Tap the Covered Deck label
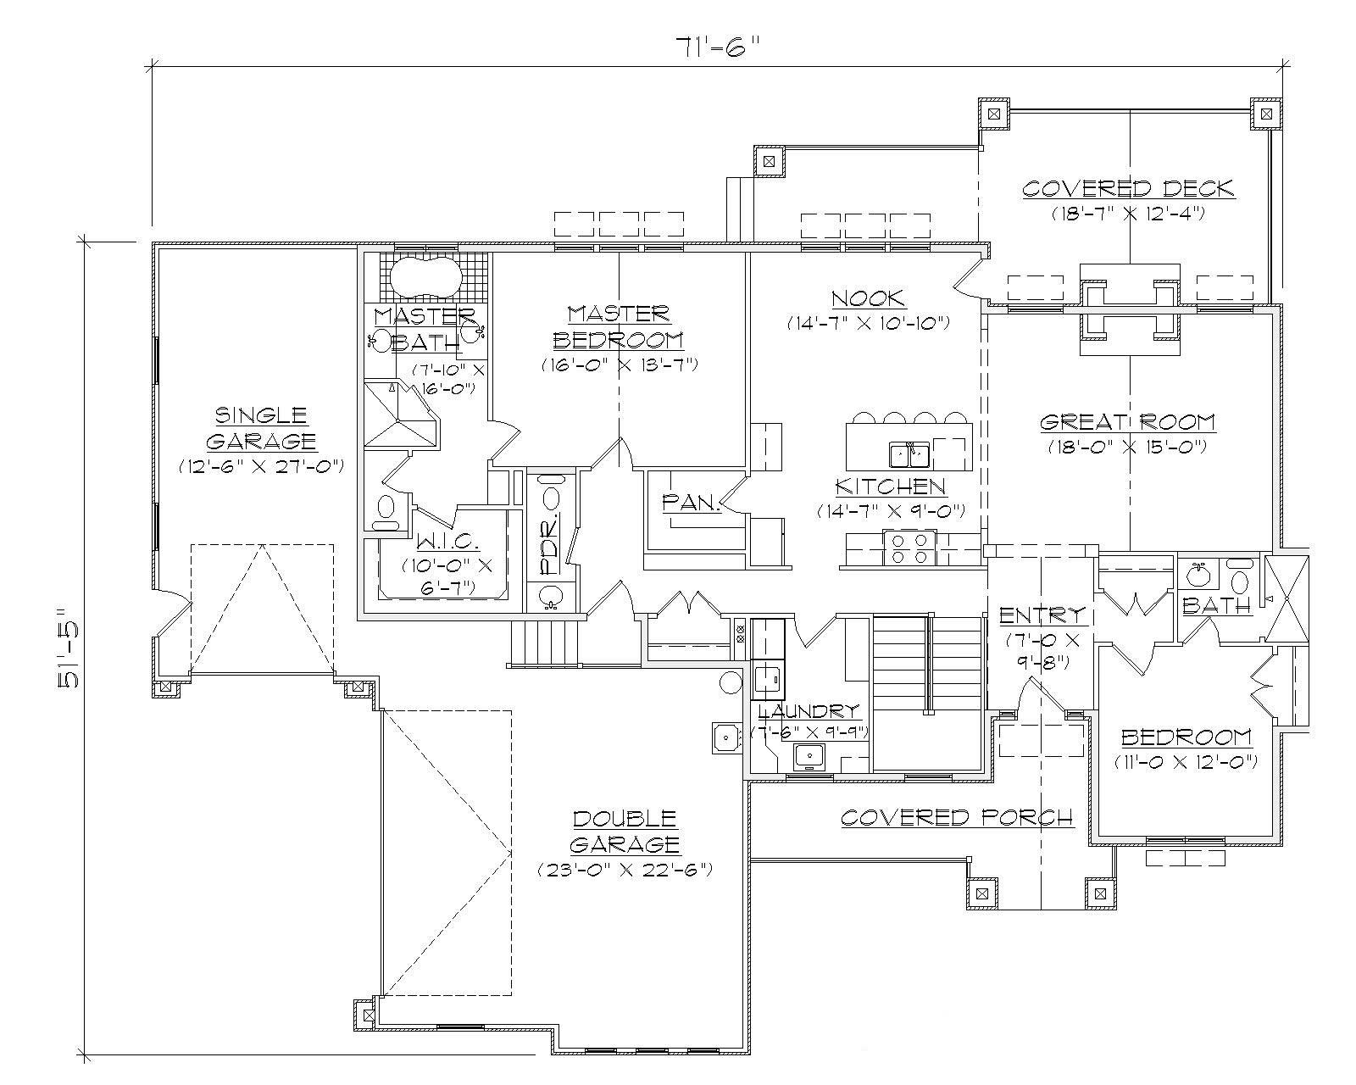tap(1128, 188)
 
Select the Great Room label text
tap(1127, 422)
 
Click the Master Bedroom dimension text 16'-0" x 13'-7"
tap(619, 365)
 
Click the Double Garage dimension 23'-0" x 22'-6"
tap(624, 870)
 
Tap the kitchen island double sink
tap(909, 454)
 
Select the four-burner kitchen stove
tap(908, 548)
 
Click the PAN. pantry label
tap(691, 503)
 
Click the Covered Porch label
tap(957, 817)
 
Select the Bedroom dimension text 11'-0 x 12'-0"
tap(1186, 761)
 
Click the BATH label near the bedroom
tap(1217, 606)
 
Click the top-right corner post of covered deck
tap(1264, 113)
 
